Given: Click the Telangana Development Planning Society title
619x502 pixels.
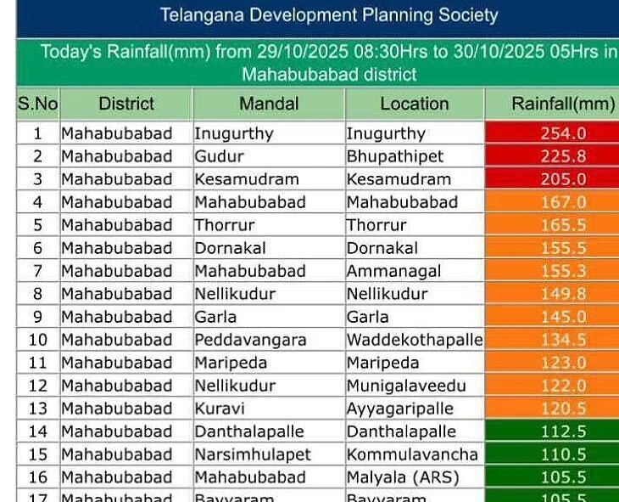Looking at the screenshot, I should pos(329,15).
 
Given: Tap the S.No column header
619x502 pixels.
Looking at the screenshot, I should pos(37,104).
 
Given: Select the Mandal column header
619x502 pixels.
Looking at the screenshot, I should pos(269,104).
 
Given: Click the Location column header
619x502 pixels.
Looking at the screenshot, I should pos(414,104).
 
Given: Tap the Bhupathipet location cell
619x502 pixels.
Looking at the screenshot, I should pos(394,156).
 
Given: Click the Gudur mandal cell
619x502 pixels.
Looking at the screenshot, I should pos(219,156).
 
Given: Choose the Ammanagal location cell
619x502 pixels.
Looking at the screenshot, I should pos(393,271).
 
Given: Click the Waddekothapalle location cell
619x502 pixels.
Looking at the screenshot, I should pos(414,340).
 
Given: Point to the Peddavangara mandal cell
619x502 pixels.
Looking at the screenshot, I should pos(251,340).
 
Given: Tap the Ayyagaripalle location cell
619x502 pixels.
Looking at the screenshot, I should pos(399,409).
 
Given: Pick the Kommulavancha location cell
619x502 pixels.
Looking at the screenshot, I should pos(411,454).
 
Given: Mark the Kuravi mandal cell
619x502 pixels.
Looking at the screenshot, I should pos(219,409).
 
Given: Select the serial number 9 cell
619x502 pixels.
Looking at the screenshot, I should pos(37,317).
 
